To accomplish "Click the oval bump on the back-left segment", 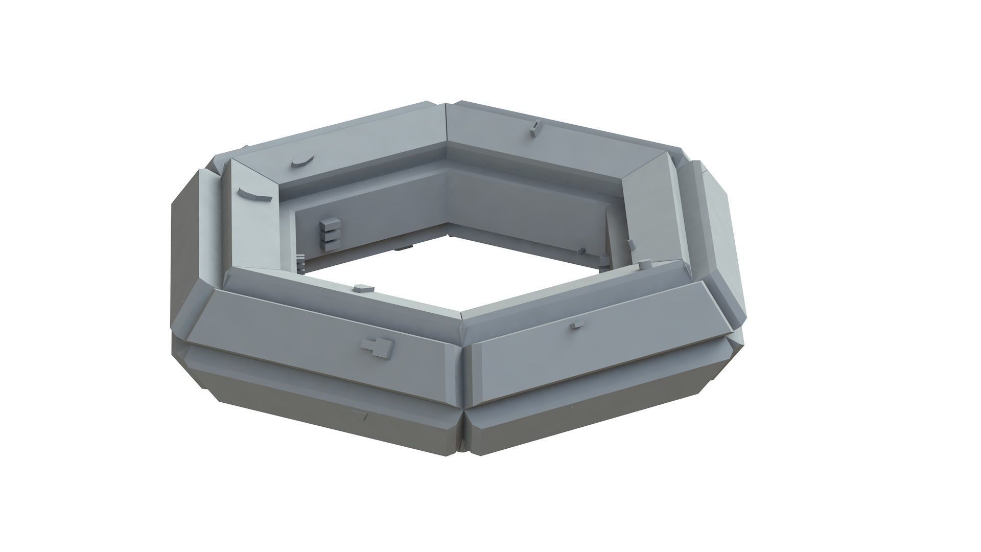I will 302,161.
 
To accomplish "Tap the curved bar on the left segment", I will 253,195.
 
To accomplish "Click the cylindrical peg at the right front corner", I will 645,264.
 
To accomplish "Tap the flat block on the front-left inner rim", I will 363,288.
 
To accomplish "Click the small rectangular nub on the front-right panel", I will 578,325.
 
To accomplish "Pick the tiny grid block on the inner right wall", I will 581,251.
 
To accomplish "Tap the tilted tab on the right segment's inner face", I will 632,244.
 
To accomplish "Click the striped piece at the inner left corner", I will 300,262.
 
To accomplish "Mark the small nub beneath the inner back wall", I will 404,247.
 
